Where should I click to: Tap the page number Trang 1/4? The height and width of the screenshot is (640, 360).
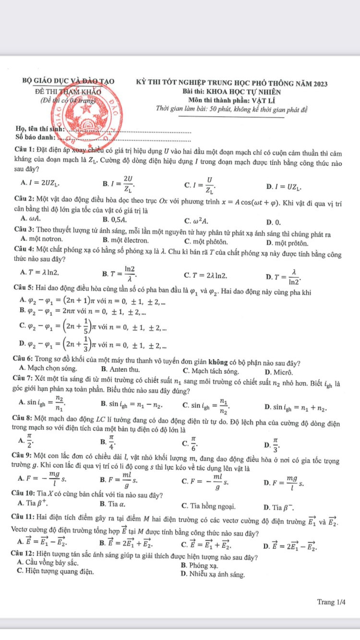click(331, 602)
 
